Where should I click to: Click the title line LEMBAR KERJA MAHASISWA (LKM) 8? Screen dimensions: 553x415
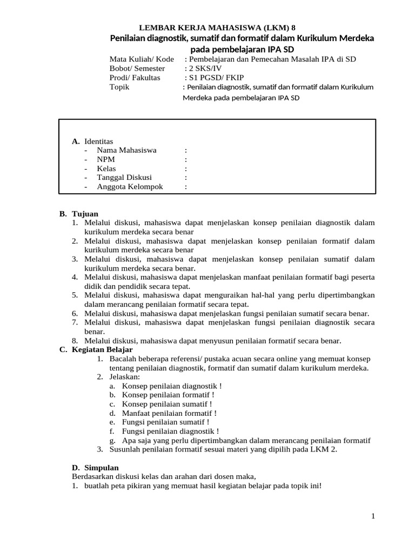(x=218, y=28)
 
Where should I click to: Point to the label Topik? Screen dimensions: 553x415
(x=119, y=87)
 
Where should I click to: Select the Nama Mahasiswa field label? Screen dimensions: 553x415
(x=126, y=150)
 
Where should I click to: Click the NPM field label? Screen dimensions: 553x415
(x=106, y=159)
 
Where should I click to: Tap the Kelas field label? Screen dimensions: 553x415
(x=106, y=168)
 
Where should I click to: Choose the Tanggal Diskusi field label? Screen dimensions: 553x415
(x=124, y=178)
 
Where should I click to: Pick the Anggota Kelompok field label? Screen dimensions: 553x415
(x=130, y=187)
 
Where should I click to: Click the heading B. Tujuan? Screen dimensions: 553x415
(x=79, y=214)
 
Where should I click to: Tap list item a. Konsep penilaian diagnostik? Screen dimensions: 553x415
(x=171, y=386)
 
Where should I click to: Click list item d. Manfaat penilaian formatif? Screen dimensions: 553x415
(x=169, y=413)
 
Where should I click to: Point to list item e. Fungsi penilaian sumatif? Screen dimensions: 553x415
(x=165, y=422)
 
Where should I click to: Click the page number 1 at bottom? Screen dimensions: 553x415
(x=373, y=517)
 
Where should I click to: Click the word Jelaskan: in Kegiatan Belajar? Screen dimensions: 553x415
(x=125, y=377)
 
